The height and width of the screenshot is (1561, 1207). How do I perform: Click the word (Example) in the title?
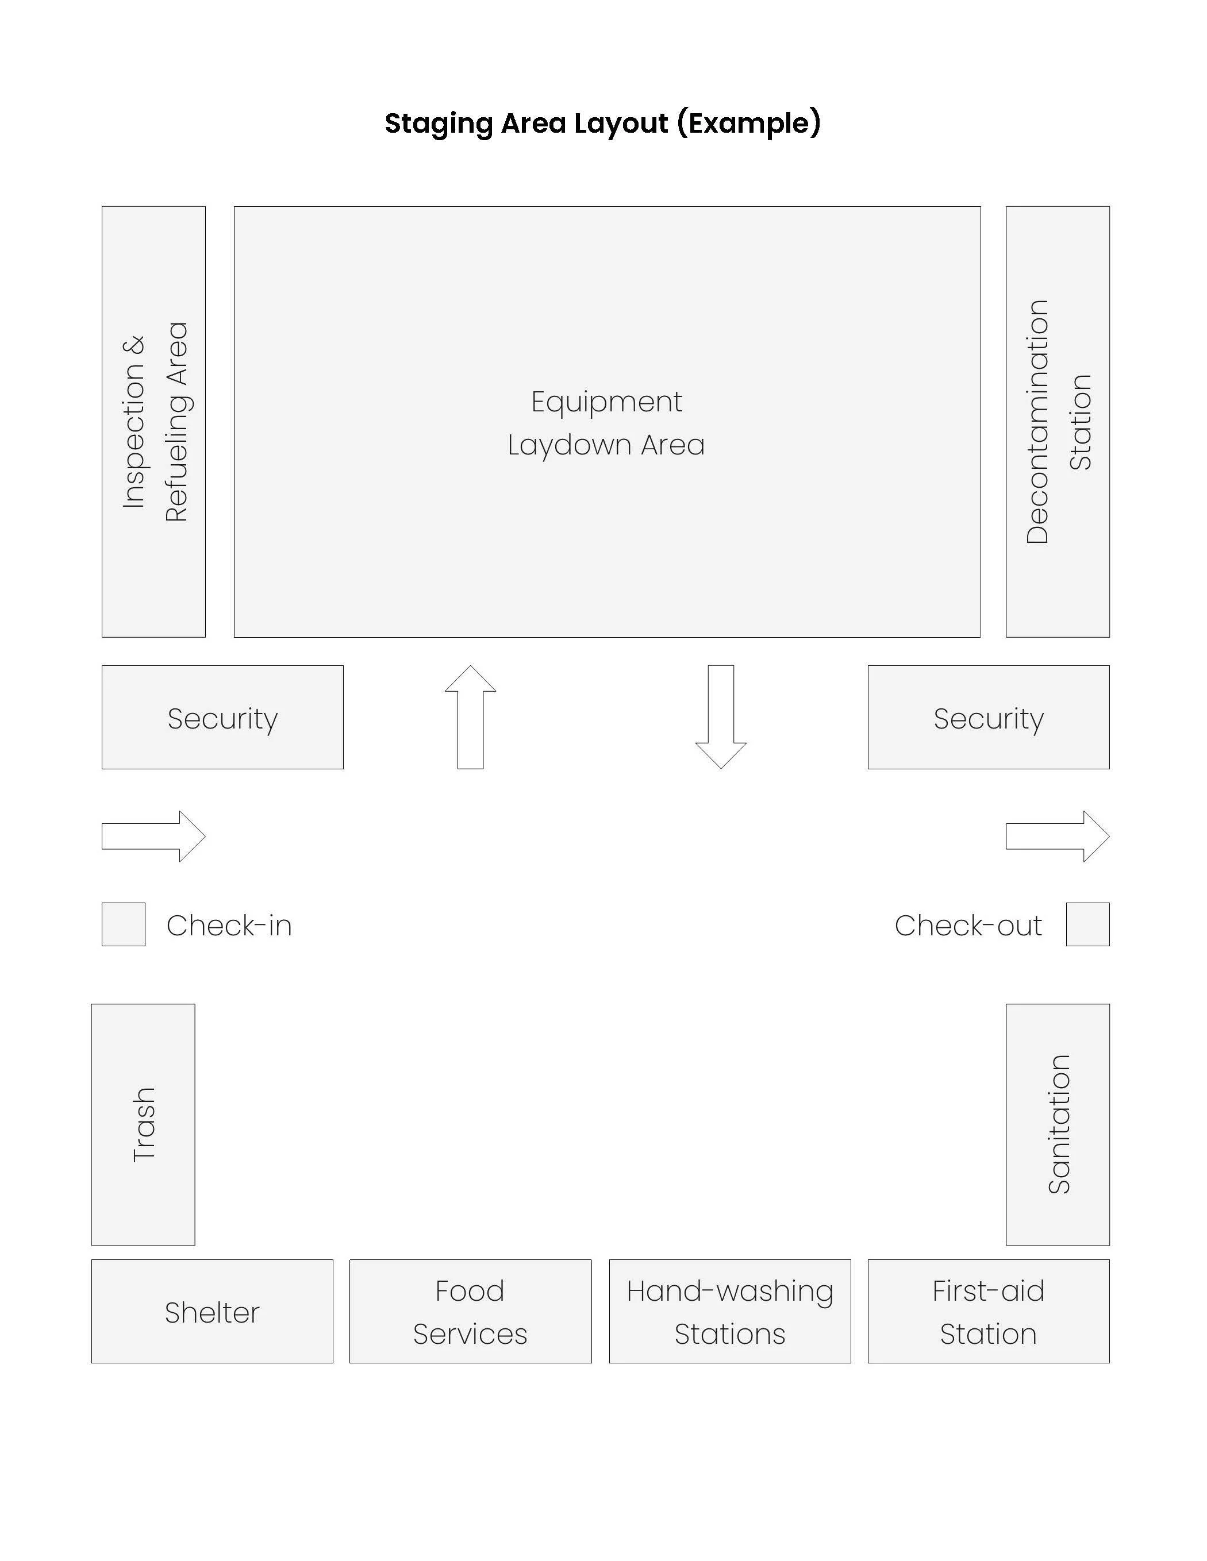pos(749,124)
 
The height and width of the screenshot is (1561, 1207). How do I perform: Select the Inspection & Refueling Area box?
pos(153,422)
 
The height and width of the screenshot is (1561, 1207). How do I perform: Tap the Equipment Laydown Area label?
pos(606,423)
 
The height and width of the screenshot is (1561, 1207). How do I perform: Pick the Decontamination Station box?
pos(1058,422)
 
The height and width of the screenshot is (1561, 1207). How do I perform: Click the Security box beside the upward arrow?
pos(222,718)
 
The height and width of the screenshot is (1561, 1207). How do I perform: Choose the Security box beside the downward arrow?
pos(988,718)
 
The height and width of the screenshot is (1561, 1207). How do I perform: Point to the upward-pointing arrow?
pos(471,717)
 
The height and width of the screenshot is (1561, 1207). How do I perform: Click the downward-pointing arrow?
pos(721,717)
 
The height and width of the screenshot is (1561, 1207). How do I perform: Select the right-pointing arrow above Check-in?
pos(153,837)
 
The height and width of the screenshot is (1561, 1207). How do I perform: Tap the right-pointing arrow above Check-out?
pos(1058,837)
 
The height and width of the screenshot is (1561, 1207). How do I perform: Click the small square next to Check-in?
pos(124,925)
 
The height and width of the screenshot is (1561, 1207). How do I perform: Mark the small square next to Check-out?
pos(1087,925)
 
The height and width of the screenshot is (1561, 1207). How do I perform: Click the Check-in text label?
pos(229,926)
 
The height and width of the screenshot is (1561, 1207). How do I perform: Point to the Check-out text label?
pos(968,926)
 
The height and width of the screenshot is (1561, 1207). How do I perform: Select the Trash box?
pos(143,1124)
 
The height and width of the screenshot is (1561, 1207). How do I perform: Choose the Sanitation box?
pos(1058,1124)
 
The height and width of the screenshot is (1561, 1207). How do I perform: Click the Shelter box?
pos(212,1312)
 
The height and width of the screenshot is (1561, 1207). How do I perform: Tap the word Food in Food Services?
pos(470,1291)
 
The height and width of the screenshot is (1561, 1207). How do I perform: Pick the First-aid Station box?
pos(988,1312)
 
